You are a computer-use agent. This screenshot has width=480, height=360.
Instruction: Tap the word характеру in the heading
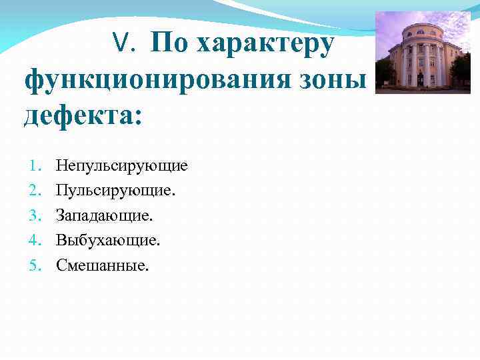click(265, 44)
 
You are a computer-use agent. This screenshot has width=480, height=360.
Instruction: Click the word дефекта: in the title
click(83, 118)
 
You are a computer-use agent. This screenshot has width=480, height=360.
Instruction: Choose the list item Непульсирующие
click(121, 165)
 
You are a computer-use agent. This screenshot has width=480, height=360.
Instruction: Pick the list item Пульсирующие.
click(115, 191)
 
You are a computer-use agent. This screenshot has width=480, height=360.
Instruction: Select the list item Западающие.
click(104, 215)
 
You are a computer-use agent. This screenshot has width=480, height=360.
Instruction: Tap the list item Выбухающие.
click(108, 240)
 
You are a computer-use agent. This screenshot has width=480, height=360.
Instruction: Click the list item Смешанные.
click(103, 265)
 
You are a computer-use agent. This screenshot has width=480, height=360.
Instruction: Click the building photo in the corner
click(423, 53)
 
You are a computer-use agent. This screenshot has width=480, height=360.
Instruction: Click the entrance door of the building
click(421, 79)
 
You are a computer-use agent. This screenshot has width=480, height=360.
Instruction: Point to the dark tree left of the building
click(384, 70)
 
